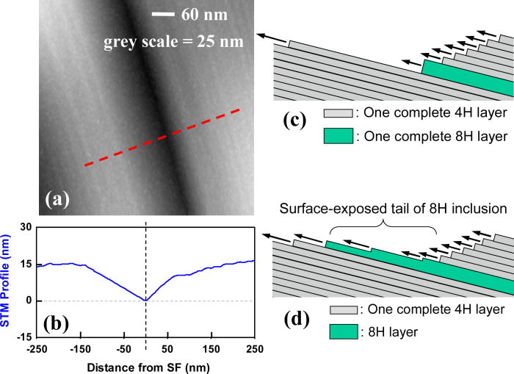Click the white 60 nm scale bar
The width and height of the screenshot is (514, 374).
pos(166,14)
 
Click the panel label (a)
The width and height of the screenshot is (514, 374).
pos(57,198)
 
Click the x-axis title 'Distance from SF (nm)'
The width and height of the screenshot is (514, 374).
pos(145,365)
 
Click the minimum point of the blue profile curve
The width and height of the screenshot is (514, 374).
pos(145,300)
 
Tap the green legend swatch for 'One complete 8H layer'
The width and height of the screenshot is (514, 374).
pos(336,136)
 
